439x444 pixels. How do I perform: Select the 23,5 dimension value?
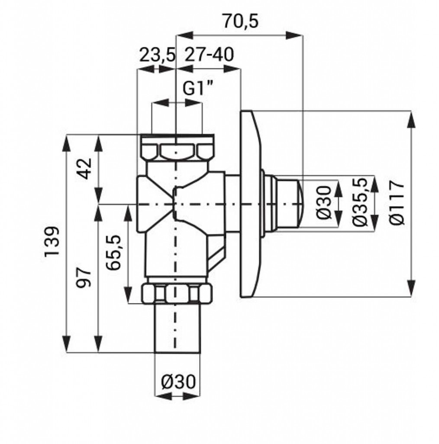157,55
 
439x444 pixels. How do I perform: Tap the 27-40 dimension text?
209,55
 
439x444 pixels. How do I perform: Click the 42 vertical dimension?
85,169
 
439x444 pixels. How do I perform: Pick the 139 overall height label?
52,241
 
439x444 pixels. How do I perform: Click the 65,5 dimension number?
113,253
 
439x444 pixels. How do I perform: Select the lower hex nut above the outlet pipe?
177,294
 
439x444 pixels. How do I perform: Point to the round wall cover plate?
250,204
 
